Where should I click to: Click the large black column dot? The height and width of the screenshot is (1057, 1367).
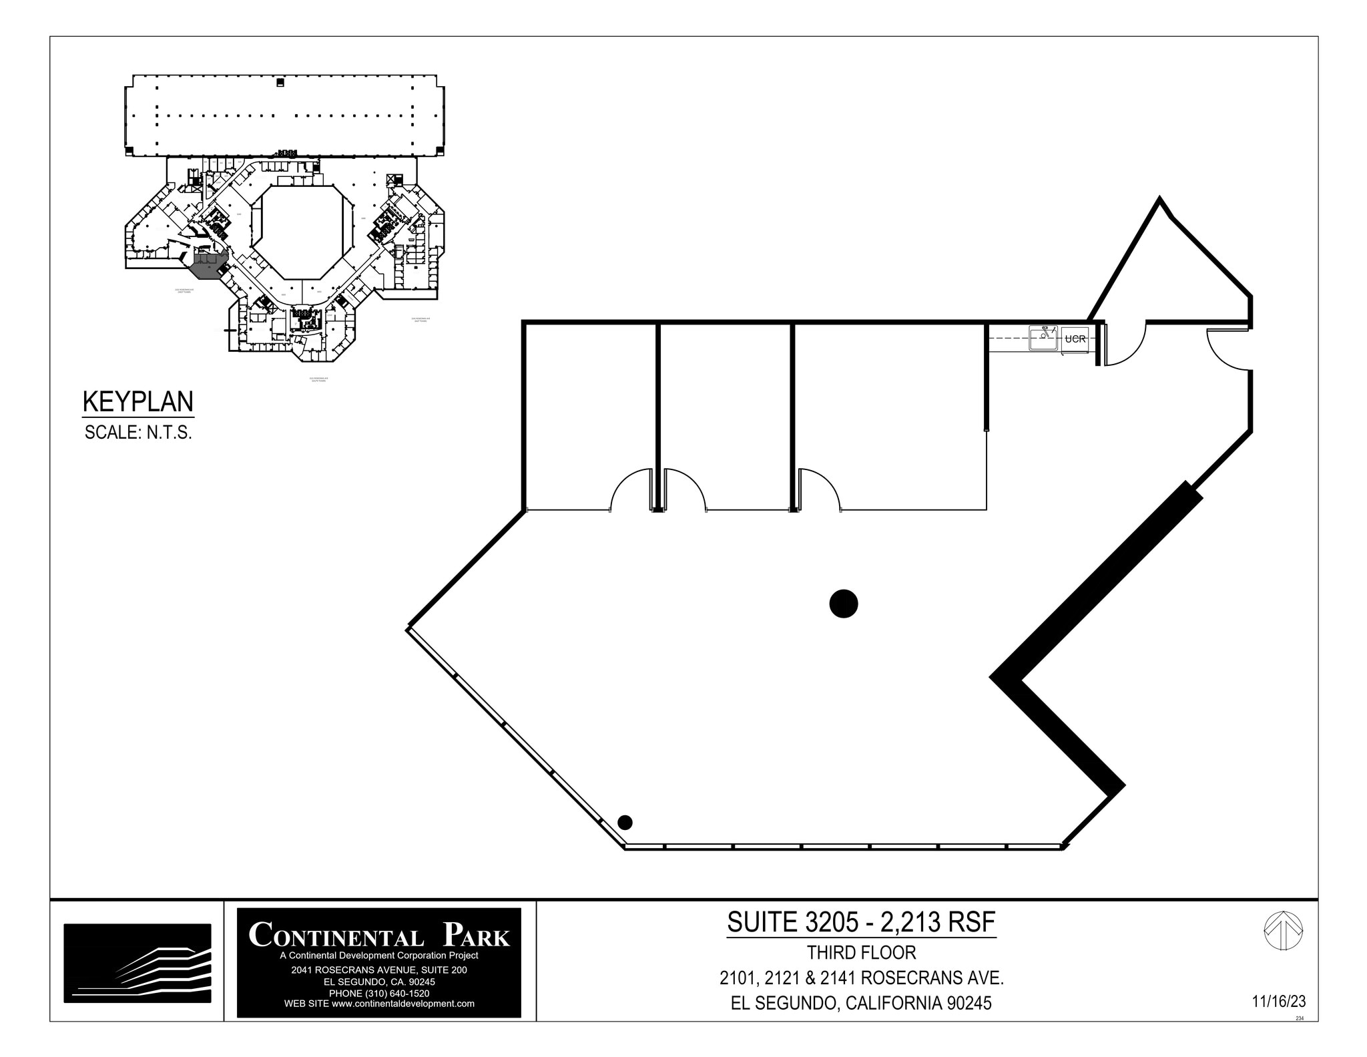[x=843, y=604]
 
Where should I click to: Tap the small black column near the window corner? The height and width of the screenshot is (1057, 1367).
[x=625, y=822]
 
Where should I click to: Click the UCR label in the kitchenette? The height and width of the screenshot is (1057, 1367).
[x=1075, y=339]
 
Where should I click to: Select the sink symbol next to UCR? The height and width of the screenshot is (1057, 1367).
[x=1043, y=338]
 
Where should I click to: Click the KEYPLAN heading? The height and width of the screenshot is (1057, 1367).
[x=138, y=402]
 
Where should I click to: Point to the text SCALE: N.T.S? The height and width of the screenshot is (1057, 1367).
[x=138, y=433]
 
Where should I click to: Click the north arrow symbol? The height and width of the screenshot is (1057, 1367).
[x=1283, y=931]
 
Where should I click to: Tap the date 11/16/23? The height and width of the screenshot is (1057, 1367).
[x=1278, y=1002]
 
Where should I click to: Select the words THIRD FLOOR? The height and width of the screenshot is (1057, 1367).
[x=861, y=953]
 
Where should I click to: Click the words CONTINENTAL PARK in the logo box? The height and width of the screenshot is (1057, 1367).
[x=378, y=934]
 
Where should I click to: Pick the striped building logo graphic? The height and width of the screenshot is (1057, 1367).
[x=138, y=963]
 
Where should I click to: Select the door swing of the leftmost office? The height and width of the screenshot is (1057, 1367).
[x=631, y=491]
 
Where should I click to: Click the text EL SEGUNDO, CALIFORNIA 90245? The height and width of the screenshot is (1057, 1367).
[x=861, y=1004]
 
